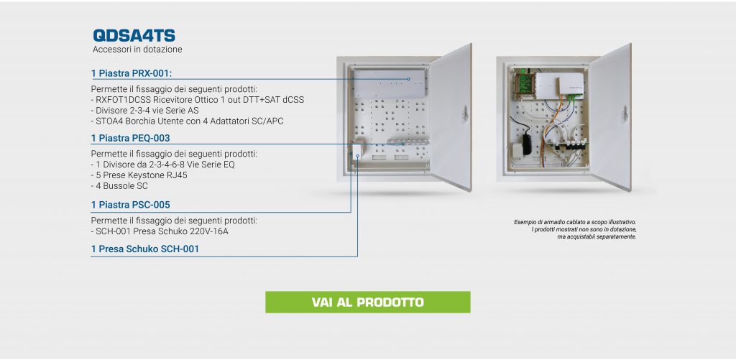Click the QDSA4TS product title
click(134, 35)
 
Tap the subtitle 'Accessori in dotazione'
click(137, 50)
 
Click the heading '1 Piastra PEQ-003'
click(130, 138)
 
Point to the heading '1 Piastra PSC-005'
click(130, 204)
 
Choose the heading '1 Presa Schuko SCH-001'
click(144, 249)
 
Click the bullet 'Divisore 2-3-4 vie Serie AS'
click(147, 110)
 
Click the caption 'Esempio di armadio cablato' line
click(574, 223)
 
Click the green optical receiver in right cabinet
click(520, 83)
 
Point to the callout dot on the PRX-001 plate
click(408, 78)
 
